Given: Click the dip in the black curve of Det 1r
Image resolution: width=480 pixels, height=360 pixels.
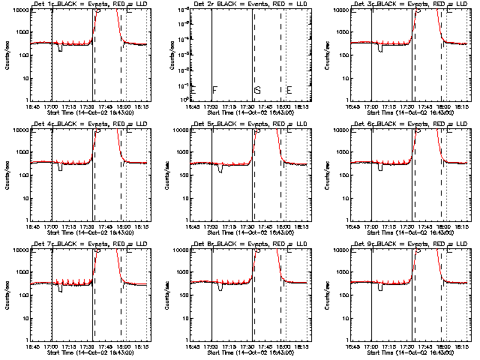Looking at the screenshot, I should (58, 49).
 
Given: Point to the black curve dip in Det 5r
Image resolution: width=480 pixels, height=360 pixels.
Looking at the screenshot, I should (220, 169).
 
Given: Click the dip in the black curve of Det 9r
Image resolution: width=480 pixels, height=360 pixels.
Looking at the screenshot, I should (381, 288).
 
